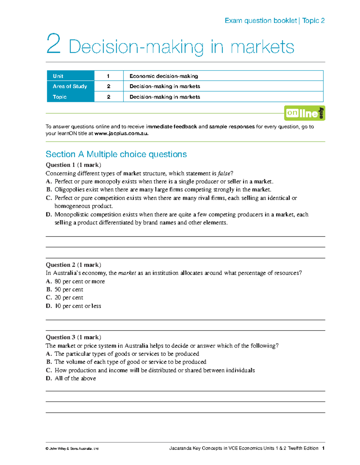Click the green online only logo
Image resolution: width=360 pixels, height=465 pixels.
pos(304,113)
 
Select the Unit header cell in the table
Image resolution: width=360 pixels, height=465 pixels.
pos(58,76)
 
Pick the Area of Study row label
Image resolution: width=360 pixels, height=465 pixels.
pos(70,86)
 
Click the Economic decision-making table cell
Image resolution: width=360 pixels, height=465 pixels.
pos(163,76)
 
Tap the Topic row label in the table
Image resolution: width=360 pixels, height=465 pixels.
pos(60,97)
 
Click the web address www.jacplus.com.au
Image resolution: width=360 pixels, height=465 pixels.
pos(121,133)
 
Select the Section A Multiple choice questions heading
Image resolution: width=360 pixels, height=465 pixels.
pos(116,154)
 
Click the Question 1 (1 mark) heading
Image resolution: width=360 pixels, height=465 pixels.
pos(73,165)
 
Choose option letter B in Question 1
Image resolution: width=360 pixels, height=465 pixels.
pos(49,190)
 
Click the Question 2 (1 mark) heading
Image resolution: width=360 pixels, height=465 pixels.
pos(73,265)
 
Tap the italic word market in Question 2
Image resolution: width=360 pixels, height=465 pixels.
pos(127,273)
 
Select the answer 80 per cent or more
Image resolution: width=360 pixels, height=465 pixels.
pos(79,281)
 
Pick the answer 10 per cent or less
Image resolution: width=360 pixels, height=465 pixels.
pos(78,306)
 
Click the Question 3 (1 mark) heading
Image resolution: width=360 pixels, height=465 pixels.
pos(73,337)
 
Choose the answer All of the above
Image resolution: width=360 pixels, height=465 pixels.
pos(75,378)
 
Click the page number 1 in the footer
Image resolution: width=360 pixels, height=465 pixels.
pos(323,448)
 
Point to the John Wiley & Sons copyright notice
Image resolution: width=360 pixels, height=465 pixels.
pos(72,449)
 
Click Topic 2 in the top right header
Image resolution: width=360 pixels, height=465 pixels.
pos(313,21)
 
